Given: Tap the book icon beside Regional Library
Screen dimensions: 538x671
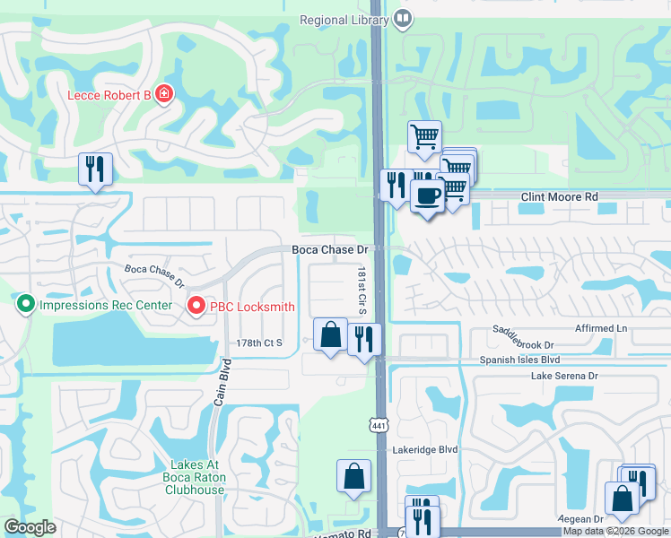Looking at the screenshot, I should coord(404,19).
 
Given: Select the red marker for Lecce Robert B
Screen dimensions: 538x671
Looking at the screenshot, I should coord(163,93).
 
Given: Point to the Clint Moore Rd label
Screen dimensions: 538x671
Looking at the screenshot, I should coord(560,196).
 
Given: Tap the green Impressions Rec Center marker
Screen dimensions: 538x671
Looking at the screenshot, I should coord(25,305).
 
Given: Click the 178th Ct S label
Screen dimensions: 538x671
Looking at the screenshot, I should coord(259,343).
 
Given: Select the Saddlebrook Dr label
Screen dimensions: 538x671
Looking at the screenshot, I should coord(523,338).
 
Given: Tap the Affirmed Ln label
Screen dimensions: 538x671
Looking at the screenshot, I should coord(602,329).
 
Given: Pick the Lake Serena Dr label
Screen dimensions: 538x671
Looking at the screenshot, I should coord(564,376).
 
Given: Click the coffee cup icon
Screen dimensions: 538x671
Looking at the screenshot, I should coord(428,195).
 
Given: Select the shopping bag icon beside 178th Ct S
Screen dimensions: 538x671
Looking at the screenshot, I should coord(331,335).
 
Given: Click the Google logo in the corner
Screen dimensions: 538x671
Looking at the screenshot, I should coord(30,527).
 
